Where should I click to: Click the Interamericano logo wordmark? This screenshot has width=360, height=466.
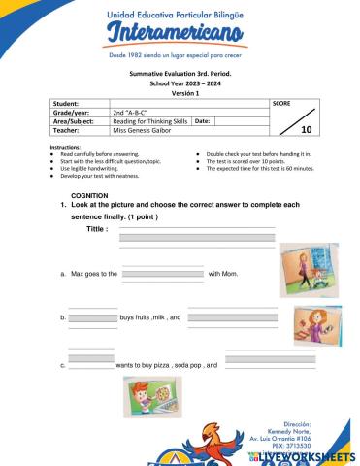click(x=180, y=36)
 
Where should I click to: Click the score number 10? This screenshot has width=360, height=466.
click(x=307, y=129)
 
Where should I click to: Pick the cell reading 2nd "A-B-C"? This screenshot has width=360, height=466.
click(x=136, y=112)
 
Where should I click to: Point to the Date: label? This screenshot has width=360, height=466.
click(x=203, y=121)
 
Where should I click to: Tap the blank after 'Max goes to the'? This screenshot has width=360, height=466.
click(x=163, y=274)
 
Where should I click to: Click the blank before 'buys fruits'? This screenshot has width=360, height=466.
click(x=92, y=317)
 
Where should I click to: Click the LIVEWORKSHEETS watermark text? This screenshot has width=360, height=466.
click(x=310, y=455)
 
